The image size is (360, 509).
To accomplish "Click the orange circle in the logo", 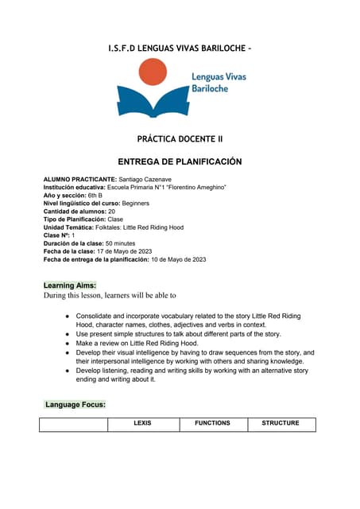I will (153, 72).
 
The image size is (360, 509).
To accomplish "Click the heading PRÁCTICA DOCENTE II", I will (180, 138).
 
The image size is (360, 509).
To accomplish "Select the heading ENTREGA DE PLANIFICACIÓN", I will (180, 161).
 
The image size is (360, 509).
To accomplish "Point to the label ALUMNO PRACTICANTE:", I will (79, 180).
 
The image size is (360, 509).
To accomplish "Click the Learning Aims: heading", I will (70, 285).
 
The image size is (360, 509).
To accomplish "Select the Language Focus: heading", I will (75, 405).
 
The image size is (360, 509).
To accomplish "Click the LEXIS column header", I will (143, 423).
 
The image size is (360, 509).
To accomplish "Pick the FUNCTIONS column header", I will (212, 423).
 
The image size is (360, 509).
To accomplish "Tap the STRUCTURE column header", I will (281, 423).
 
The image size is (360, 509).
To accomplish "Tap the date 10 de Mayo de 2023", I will (179, 259).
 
